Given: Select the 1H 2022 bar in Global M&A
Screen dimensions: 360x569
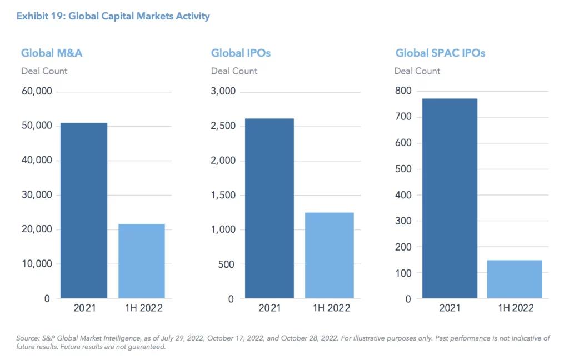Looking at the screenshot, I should click(142, 261).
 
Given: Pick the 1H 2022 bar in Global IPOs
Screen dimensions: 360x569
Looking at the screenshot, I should click(329, 255).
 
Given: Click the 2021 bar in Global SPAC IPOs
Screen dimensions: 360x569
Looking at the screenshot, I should click(450, 198).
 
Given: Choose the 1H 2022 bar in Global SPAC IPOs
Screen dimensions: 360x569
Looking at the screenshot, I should click(515, 279).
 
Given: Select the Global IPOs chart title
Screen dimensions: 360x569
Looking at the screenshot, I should click(241, 53).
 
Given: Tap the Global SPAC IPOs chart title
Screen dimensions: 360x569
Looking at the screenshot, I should click(440, 53).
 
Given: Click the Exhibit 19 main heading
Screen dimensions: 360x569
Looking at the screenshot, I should click(113, 16).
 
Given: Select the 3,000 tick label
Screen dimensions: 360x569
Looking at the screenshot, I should click(223, 92).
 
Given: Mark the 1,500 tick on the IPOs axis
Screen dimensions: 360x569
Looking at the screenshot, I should click(223, 195).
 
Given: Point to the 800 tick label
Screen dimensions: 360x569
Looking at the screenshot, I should click(403, 91).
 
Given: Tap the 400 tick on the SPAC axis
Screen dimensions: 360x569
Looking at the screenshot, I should click(403, 195).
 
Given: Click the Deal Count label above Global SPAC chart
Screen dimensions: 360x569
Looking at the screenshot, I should click(417, 71).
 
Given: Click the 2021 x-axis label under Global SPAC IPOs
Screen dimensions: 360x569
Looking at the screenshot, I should click(450, 308).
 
